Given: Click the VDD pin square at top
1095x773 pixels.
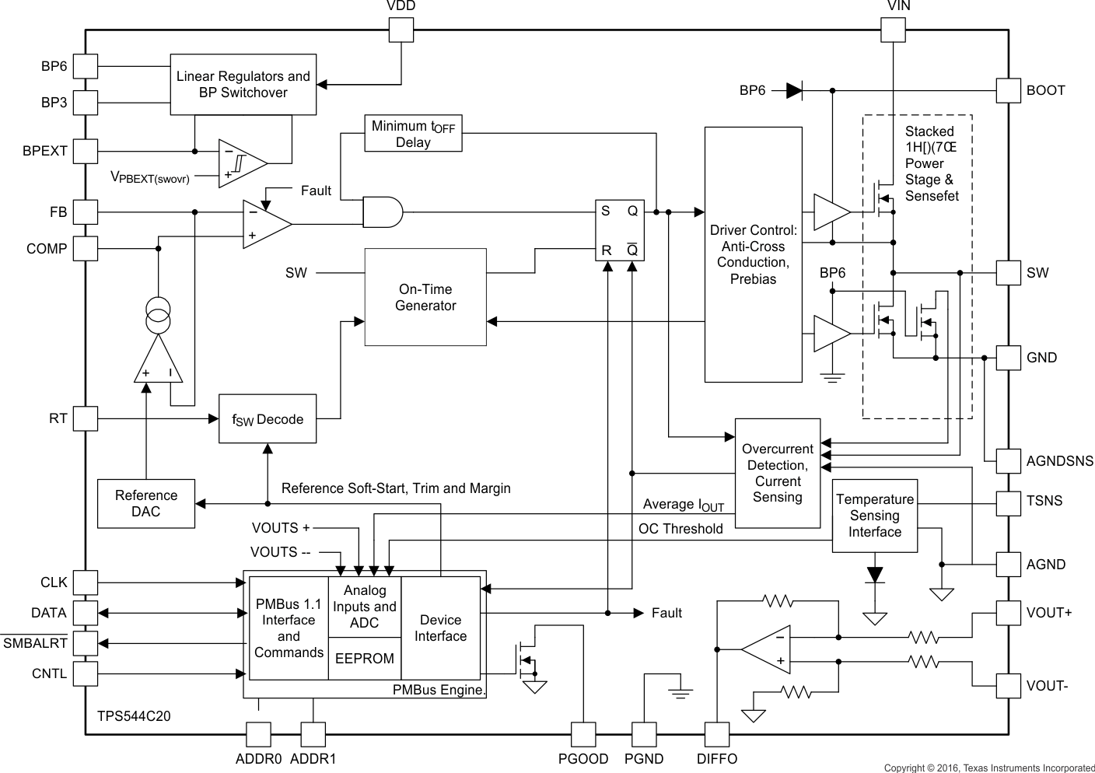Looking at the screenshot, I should (401, 30).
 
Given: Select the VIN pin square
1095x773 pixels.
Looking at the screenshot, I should (893, 30).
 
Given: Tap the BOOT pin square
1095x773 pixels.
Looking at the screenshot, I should (1008, 90).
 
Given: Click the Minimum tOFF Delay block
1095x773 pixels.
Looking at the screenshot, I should (413, 134).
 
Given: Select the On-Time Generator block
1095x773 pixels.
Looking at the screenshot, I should (425, 297).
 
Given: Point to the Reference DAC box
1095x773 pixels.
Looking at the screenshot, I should (146, 504).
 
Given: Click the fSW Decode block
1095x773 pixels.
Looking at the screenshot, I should (268, 420).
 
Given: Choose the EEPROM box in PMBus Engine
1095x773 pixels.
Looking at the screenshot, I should (364, 659).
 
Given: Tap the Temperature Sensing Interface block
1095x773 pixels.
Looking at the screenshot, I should (874, 516).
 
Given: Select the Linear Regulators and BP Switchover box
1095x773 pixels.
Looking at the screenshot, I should (243, 85).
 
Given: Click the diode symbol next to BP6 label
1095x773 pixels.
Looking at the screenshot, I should (793, 91).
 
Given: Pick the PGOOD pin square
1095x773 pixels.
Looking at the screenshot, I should (583, 735).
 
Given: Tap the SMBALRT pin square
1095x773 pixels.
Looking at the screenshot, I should (86, 643).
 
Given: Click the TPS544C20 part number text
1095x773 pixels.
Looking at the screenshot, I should (134, 716).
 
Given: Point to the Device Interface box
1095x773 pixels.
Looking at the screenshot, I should (440, 628).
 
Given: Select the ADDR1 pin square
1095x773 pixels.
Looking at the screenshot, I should (313, 735).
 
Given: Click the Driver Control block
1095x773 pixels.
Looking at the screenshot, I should (753, 255).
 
